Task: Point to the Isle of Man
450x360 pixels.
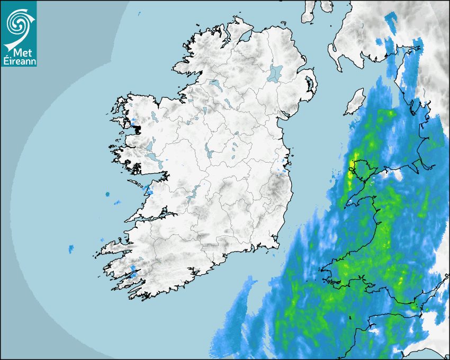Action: tap(355, 102)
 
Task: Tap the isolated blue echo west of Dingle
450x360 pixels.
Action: tap(71, 248)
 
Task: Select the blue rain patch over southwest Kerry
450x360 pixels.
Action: tap(133, 274)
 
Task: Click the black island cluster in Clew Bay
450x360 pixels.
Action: tap(139, 129)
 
